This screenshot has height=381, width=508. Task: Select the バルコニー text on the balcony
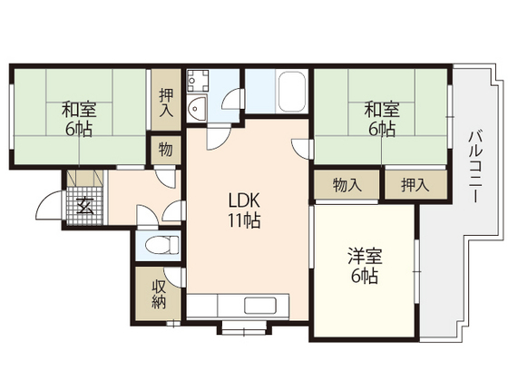tap(475, 169)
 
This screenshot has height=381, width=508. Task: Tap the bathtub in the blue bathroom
tap(292, 91)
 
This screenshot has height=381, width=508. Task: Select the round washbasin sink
tap(196, 110)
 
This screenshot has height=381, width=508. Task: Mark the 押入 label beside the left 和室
tap(166, 103)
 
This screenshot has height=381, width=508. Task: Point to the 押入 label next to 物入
tap(416, 185)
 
